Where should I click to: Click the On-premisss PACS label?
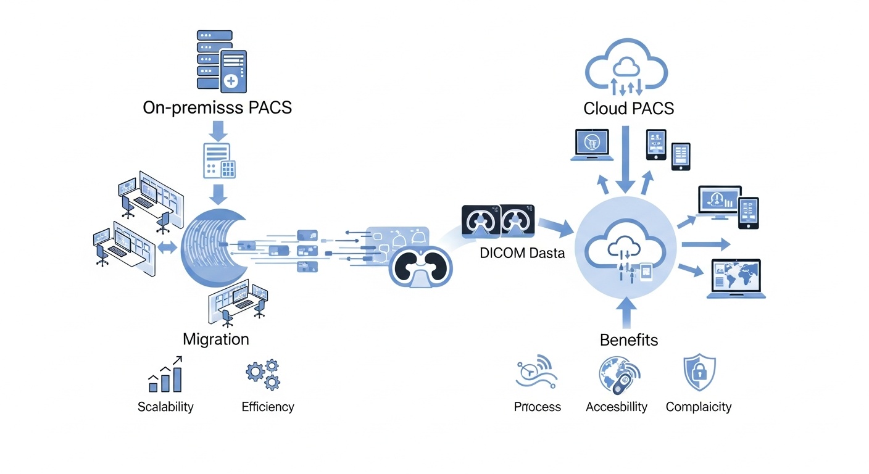click(217, 107)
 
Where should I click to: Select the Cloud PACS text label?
click(628, 109)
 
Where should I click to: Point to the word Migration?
click(216, 339)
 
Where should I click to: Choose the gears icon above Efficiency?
click(263, 374)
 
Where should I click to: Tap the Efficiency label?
click(268, 407)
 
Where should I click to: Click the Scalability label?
click(165, 407)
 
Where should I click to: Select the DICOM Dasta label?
click(522, 253)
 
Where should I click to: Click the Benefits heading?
click(629, 339)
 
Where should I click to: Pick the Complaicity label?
click(699, 407)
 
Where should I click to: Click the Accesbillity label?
click(617, 407)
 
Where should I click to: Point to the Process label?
click(538, 407)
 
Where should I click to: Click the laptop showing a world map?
click(736, 279)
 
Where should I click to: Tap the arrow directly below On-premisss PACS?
click(219, 130)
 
